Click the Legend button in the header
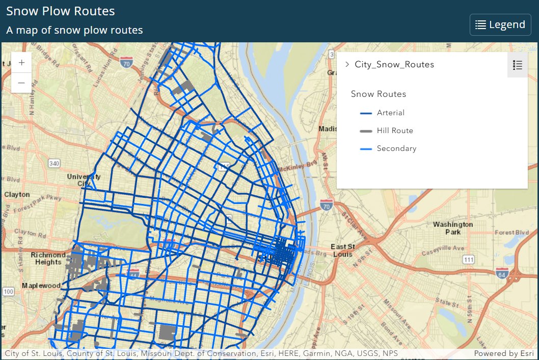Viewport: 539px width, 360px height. coord(500,24)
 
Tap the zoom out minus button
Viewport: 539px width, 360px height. coord(21,82)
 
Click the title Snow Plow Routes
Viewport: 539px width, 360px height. coord(61,11)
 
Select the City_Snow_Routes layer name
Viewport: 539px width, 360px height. coord(394,64)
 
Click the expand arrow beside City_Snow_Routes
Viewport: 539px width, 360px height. coord(347,64)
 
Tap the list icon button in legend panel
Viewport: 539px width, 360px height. coord(518,65)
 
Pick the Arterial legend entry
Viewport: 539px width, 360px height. coord(390,113)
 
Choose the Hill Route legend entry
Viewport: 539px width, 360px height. coord(394,131)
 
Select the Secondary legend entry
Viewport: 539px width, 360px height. coord(396,148)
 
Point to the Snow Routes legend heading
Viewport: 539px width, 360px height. coord(379,94)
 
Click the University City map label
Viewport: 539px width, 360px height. coord(84,179)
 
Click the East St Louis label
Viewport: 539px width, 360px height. coord(342,250)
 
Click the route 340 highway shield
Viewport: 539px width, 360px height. coord(55,163)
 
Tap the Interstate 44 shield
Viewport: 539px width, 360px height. coord(133,274)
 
